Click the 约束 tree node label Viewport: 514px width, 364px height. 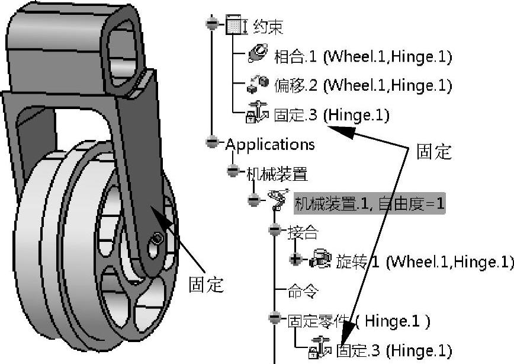[268, 27]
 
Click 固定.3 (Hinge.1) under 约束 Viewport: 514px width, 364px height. [331, 115]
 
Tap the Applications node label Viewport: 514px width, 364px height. [270, 144]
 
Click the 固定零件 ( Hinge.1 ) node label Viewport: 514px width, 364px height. [359, 321]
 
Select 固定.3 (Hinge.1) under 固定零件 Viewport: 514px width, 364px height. [394, 350]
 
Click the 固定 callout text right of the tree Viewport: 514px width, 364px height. [434, 152]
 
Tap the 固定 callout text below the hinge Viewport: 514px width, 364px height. [206, 285]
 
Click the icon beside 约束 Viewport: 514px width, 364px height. [235, 25]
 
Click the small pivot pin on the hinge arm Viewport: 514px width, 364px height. [157, 238]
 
